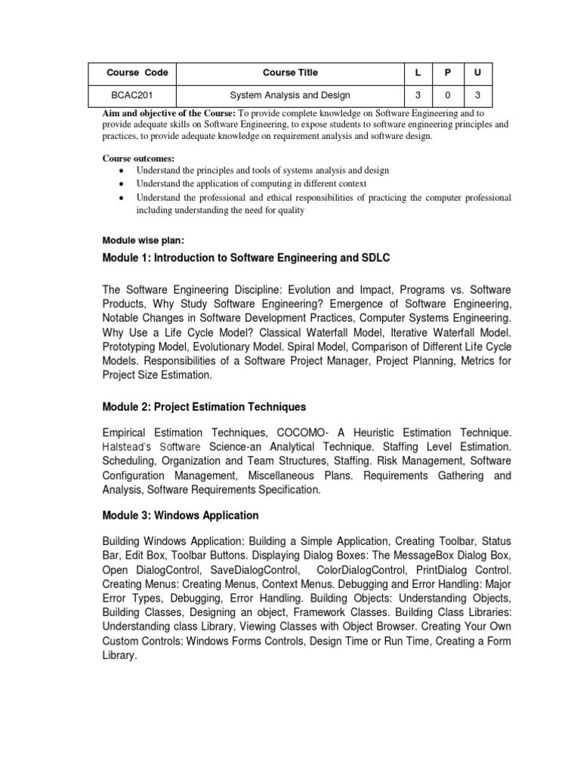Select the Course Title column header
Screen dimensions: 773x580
[x=290, y=73]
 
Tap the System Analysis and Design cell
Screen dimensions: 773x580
[x=290, y=95]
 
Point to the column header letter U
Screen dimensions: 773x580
[x=477, y=73]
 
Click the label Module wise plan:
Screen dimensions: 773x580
[x=143, y=240]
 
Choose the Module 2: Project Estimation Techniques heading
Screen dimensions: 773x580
[x=204, y=407]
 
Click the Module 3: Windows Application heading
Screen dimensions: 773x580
[x=180, y=516]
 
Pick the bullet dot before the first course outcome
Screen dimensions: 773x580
[x=121, y=171]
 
